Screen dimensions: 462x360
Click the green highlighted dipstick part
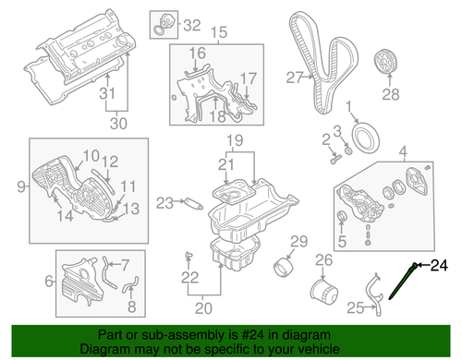tap(402, 281)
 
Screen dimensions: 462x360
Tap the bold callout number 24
tap(439, 265)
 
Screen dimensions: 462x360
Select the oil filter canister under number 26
tap(323, 291)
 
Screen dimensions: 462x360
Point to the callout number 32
tap(192, 25)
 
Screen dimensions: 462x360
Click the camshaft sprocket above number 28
tap(386, 62)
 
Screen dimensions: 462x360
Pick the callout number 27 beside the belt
tap(295, 78)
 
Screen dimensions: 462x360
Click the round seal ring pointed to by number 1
tap(365, 138)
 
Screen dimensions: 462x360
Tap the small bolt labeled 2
tap(335, 159)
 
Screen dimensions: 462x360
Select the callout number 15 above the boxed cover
tap(219, 32)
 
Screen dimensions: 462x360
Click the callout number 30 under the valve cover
tap(118, 124)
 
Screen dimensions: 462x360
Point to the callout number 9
tap(21, 186)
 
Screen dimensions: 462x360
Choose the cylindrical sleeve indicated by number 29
tap(284, 267)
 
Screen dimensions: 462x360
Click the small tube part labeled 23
tap(194, 204)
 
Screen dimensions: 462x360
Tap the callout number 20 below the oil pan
tap(203, 308)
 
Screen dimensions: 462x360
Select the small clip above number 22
tap(188, 255)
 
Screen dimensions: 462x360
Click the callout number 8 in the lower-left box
tap(132, 306)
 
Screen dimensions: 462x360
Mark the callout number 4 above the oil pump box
tap(403, 151)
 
